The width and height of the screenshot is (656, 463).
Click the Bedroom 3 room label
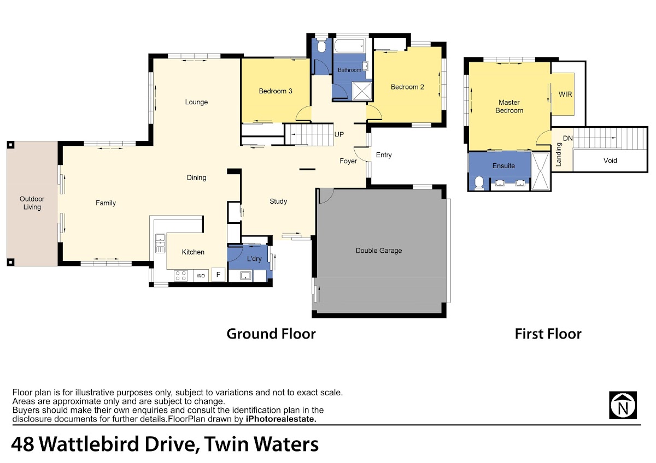(276, 91)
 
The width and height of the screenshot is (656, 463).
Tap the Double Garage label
(379, 251)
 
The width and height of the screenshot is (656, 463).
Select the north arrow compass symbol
(623, 405)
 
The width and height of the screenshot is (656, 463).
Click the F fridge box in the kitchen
(218, 274)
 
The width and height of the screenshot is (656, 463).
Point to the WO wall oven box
(201, 276)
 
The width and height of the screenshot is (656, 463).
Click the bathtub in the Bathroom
(349, 46)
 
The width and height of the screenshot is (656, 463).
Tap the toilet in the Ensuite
(478, 183)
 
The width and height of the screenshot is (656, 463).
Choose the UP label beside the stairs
(339, 134)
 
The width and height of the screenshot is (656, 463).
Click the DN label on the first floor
(568, 138)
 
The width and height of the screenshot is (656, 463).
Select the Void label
(610, 161)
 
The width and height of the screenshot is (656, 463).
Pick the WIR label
(565, 94)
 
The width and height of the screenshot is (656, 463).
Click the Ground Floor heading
(271, 334)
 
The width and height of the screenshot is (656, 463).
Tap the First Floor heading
(548, 334)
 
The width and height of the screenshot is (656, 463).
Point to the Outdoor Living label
(32, 203)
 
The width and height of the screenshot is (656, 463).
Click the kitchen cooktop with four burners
(180, 276)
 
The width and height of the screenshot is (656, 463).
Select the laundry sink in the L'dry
(245, 275)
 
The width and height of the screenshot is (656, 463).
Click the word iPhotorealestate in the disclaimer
(281, 419)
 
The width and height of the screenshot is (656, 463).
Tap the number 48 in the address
(22, 444)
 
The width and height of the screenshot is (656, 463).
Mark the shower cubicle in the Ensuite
(541, 171)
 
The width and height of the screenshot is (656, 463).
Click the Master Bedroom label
(509, 106)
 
